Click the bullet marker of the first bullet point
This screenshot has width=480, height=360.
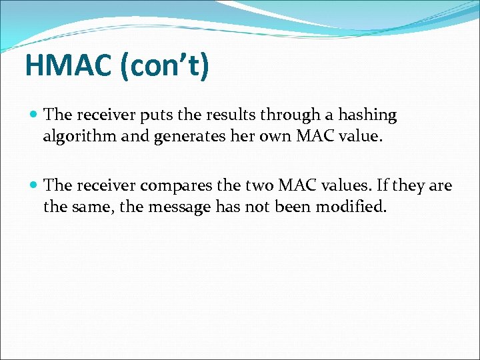click(34, 115)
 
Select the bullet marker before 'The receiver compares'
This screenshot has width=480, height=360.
click(34, 185)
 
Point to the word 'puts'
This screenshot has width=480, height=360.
click(157, 115)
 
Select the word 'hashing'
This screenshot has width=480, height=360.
click(367, 116)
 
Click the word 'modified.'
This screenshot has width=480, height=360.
click(351, 207)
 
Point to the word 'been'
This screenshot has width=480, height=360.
click(292, 207)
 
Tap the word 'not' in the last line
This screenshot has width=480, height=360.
click(257, 207)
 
